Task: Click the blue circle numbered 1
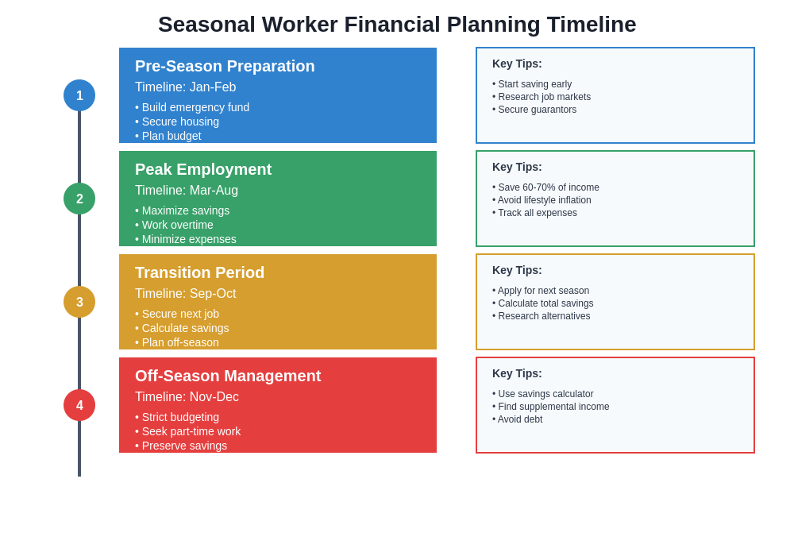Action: (79, 95)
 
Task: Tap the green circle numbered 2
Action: (79, 199)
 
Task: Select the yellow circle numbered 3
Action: (79, 302)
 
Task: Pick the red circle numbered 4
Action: (79, 405)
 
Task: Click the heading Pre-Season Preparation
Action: (225, 66)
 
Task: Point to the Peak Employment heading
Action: (203, 169)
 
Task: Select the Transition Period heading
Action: (199, 272)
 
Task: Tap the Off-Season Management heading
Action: (228, 376)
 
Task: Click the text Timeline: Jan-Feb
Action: (185, 87)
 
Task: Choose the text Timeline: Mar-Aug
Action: (187, 191)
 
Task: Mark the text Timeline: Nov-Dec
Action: (187, 397)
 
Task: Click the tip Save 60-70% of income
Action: (546, 187)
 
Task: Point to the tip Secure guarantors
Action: (534, 110)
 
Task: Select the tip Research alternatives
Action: (542, 316)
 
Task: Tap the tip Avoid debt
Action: (518, 419)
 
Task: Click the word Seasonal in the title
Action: (206, 25)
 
